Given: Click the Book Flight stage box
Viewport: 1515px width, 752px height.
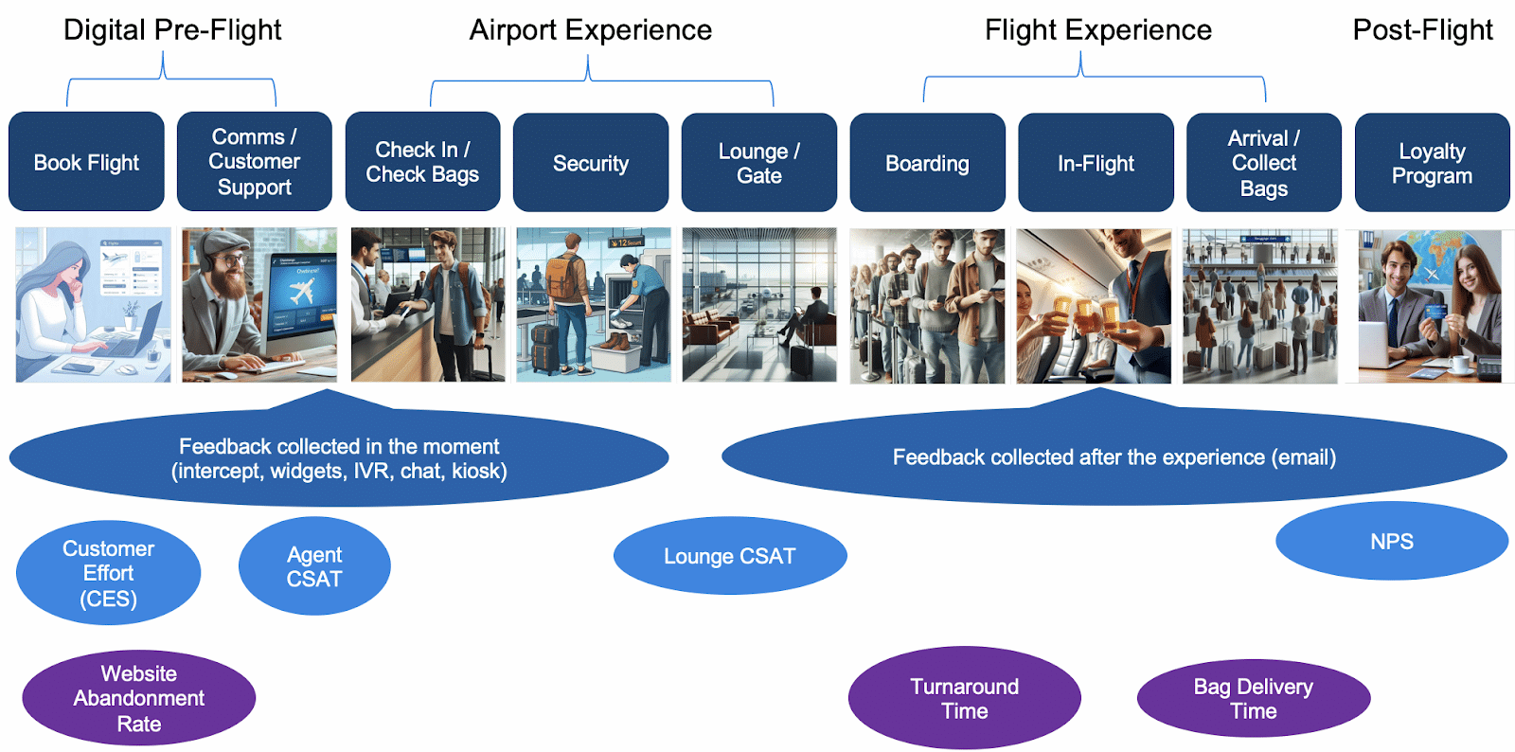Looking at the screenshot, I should (x=86, y=162).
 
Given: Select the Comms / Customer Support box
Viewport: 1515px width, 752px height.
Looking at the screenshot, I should (x=254, y=162).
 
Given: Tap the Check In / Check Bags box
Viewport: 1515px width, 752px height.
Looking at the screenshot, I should (x=422, y=162).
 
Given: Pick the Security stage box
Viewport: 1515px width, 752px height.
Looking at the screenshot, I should (x=591, y=163).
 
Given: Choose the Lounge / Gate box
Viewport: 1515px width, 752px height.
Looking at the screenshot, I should (x=758, y=163).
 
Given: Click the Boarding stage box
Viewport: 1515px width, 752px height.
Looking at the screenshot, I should (x=927, y=163).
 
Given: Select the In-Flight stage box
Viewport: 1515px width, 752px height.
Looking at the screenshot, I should (x=1096, y=163).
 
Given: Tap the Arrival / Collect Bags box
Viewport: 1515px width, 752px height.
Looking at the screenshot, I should (x=1263, y=163).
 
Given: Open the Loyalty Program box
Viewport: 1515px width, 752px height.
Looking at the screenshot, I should (x=1432, y=163).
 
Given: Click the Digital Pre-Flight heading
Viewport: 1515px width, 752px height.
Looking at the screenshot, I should (x=172, y=30).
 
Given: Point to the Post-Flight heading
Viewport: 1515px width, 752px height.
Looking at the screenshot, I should (x=1422, y=30).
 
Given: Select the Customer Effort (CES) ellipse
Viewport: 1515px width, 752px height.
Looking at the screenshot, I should (x=108, y=573).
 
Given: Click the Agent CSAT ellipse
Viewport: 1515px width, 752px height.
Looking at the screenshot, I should (x=314, y=566).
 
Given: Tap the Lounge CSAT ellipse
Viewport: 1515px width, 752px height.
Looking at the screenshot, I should (x=729, y=556).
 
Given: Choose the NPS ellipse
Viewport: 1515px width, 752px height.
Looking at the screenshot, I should (x=1391, y=541).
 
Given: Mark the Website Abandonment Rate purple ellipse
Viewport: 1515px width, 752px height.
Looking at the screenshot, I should (x=138, y=698).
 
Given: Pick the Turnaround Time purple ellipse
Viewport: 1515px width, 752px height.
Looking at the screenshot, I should (x=964, y=698).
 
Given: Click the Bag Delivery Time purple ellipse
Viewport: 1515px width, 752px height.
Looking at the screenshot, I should (x=1253, y=698).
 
